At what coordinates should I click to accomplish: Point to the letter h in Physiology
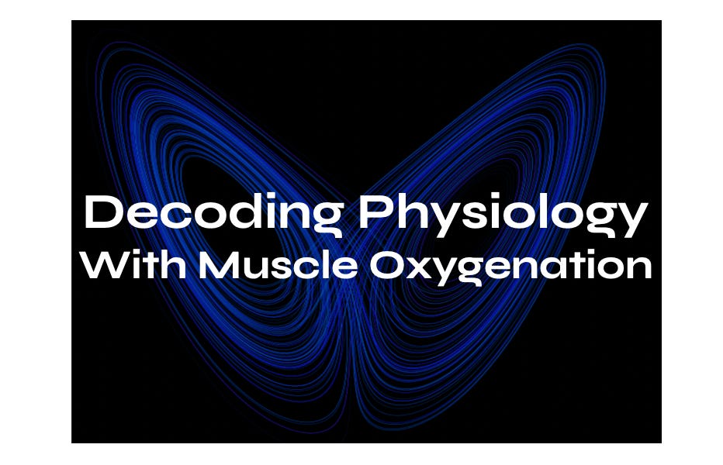tap(412, 212)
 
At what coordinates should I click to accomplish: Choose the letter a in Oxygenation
tap(547, 268)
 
